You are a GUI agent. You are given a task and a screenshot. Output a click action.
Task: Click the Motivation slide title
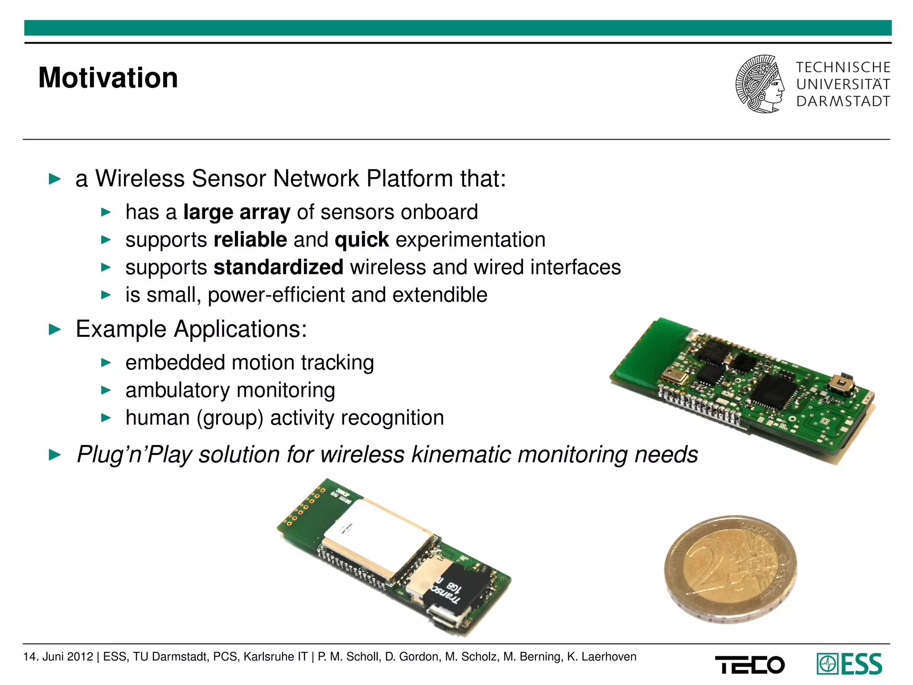tap(108, 78)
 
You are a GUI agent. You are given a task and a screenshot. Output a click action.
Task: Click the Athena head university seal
tap(760, 84)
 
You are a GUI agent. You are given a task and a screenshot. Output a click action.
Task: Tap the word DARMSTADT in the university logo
tap(843, 102)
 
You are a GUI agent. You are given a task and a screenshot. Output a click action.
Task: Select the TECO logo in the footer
tap(749, 665)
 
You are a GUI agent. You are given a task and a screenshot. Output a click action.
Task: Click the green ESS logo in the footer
tap(849, 664)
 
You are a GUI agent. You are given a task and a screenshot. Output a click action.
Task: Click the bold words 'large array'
tap(237, 212)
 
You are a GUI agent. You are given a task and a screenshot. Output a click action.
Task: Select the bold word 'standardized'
tap(278, 267)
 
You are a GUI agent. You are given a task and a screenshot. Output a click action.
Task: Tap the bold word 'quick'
tap(362, 240)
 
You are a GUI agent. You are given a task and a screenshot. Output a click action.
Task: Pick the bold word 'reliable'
tap(250, 240)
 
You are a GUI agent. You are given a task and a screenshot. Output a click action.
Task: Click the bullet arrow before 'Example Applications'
tap(54, 330)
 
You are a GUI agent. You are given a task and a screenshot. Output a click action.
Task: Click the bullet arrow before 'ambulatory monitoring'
tap(106, 391)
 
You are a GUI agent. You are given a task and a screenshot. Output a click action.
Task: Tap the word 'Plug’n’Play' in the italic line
tap(134, 454)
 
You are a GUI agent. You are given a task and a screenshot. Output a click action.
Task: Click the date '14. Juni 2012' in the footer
tap(58, 656)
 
